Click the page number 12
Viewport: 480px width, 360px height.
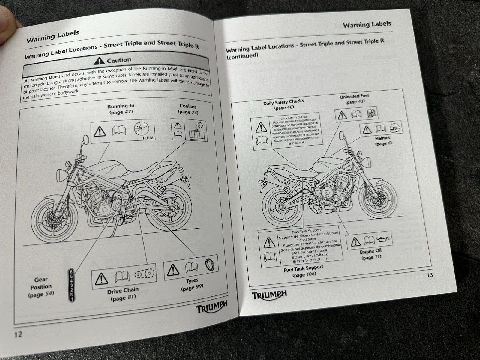(x=18, y=334)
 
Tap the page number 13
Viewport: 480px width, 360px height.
(x=430, y=275)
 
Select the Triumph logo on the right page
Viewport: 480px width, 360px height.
(x=269, y=295)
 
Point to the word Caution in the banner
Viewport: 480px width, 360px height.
(x=119, y=60)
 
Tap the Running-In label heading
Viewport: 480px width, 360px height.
(x=121, y=106)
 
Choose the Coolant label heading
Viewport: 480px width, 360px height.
(x=188, y=106)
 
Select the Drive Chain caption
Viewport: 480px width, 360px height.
(x=123, y=290)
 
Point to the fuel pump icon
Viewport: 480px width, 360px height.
(x=371, y=113)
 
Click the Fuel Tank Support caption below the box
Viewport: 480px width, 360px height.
(x=304, y=268)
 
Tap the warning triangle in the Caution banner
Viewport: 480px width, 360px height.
(x=99, y=62)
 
